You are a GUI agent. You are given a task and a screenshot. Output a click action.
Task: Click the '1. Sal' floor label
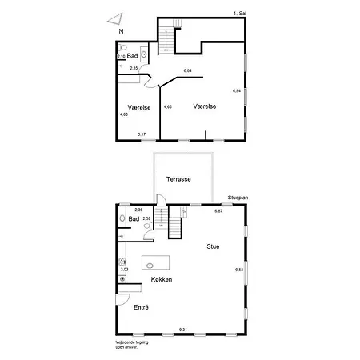tap(238, 14)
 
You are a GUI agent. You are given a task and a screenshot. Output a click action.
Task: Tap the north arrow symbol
tap(118, 18)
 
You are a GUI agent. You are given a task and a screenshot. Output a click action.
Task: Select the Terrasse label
tap(178, 180)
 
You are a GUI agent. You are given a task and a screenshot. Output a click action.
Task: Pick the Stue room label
tap(214, 246)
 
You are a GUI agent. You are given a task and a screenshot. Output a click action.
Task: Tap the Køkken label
tap(161, 279)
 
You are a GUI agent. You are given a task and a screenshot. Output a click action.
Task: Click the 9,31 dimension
tap(183, 330)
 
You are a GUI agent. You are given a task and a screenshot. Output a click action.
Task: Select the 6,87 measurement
tap(218, 210)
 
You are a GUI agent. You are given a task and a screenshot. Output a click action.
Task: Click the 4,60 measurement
tap(123, 114)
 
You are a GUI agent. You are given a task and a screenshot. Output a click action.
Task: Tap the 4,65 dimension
tap(167, 106)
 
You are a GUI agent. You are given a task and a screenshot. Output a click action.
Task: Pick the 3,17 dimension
tap(141, 134)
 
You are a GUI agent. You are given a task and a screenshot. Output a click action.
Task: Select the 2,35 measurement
tap(134, 69)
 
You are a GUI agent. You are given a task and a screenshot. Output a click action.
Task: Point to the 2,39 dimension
tap(146, 218)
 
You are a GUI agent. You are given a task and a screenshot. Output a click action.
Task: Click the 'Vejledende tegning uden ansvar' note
tap(131, 346)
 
